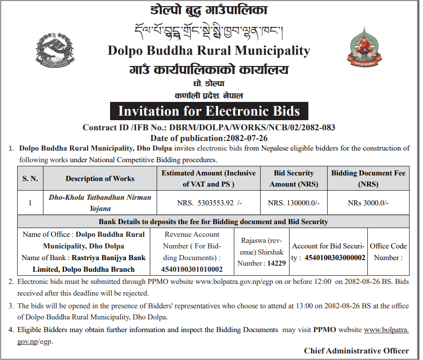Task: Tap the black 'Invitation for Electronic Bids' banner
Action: click(209, 111)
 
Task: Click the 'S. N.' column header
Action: click(30, 178)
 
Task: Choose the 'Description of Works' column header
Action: click(100, 178)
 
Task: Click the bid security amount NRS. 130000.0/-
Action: click(294, 203)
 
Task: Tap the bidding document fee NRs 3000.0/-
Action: click(368, 203)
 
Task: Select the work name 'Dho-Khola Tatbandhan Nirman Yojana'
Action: click(100, 202)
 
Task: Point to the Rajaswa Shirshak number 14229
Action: click(276, 263)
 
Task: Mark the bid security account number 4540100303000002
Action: click(335, 258)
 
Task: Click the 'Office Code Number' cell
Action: click(389, 251)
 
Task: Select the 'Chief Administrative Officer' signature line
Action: click(357, 350)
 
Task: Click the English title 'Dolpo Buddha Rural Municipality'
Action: click(208, 51)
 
